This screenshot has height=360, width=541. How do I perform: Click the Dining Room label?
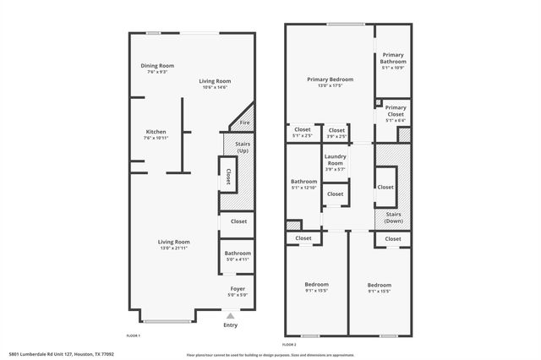click(157, 66)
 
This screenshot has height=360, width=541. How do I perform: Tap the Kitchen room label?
click(156, 132)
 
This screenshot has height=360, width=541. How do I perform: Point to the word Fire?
click(244, 123)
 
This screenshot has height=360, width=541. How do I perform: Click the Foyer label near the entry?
click(238, 289)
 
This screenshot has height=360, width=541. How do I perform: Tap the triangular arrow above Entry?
click(230, 315)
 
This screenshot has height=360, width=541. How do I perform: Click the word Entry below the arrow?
click(230, 325)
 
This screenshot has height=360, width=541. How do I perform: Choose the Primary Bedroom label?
click(330, 79)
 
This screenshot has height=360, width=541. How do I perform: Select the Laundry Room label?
click(336, 161)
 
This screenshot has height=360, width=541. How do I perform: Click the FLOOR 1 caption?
click(133, 335)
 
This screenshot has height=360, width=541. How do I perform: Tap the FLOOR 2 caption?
click(289, 345)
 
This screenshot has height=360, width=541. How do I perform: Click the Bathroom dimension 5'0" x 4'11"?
click(238, 259)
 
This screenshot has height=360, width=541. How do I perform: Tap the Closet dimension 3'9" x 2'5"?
click(336, 136)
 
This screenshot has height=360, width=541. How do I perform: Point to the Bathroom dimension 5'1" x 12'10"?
click(303, 187)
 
